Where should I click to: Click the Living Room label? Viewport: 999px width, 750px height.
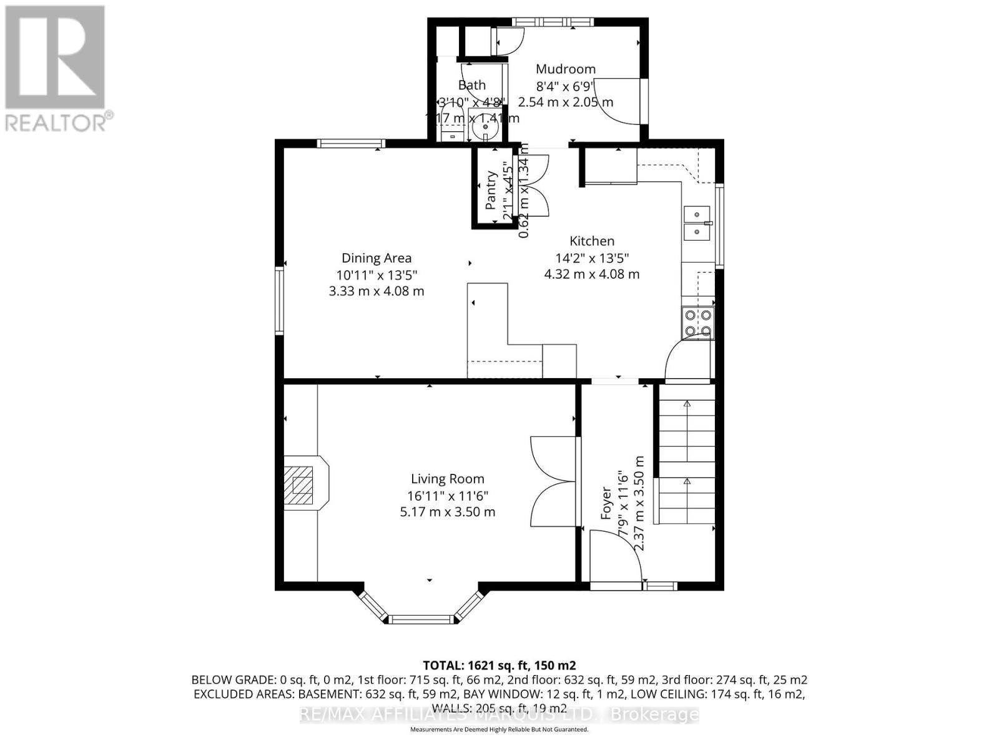[x=447, y=479]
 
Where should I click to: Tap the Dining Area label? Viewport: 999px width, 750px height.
[x=376, y=258]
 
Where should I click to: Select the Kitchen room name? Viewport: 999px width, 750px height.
[x=591, y=241]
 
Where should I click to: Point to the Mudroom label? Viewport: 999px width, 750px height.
[x=565, y=69]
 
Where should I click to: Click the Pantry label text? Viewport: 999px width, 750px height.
[x=491, y=190]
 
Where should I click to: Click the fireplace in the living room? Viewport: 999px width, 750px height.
[x=305, y=483]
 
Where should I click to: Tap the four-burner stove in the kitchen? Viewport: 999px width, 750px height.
[x=698, y=323]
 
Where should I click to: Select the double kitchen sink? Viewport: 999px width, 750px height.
[x=697, y=223]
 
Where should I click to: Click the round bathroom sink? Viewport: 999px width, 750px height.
[x=485, y=131]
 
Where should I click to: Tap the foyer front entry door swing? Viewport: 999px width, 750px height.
[x=615, y=555]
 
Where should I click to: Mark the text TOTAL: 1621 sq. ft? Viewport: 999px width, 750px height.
[x=499, y=665]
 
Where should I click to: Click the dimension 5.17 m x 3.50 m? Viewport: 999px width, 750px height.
[x=447, y=512]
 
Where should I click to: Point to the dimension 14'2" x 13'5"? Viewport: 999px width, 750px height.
[x=591, y=257]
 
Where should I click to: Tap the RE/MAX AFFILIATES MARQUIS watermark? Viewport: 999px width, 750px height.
[x=499, y=714]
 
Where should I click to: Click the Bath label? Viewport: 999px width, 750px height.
[x=471, y=85]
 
